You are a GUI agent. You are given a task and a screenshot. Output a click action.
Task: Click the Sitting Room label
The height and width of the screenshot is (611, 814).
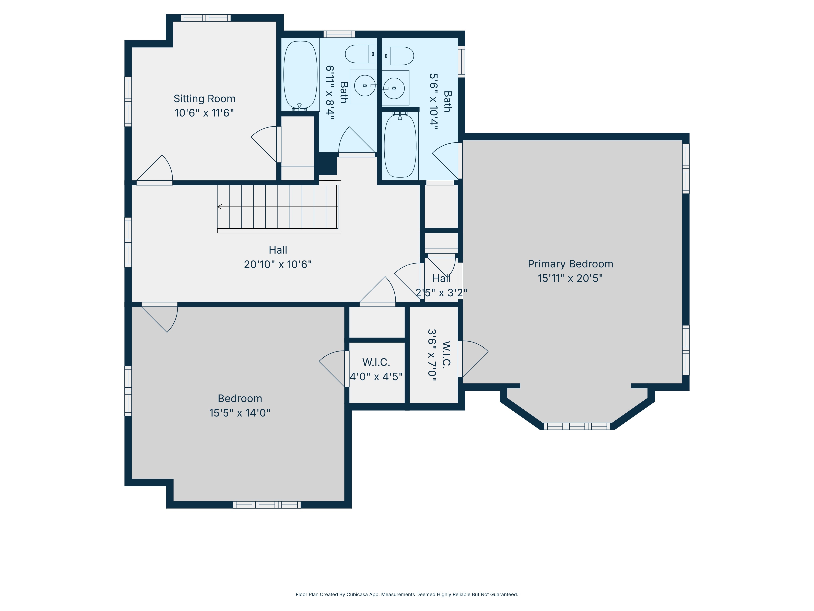tap(204, 99)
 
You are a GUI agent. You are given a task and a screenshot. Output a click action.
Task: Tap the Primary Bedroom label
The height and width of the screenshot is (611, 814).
tap(570, 264)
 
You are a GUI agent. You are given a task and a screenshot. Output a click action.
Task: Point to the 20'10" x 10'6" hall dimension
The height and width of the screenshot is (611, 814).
tap(278, 264)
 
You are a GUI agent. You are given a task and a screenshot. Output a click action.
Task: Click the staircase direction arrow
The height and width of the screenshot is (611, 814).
tap(220, 207)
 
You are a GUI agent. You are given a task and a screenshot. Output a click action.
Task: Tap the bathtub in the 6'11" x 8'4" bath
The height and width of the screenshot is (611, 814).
tap(300, 75)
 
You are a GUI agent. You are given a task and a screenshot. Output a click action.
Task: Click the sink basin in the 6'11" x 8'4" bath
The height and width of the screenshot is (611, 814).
tap(365, 86)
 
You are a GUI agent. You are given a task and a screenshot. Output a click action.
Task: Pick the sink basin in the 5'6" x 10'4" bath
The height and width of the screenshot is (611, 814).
tap(394, 88)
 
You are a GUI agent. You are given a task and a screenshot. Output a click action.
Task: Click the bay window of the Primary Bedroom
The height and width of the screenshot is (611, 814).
tap(577, 426)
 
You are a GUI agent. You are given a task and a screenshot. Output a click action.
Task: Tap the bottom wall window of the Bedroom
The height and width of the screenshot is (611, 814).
tap(267, 505)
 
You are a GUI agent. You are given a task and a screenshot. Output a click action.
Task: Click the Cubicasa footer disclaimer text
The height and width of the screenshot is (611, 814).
tap(407, 595)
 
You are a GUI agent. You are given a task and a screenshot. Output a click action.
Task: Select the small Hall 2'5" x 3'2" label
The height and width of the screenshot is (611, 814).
tap(441, 285)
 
